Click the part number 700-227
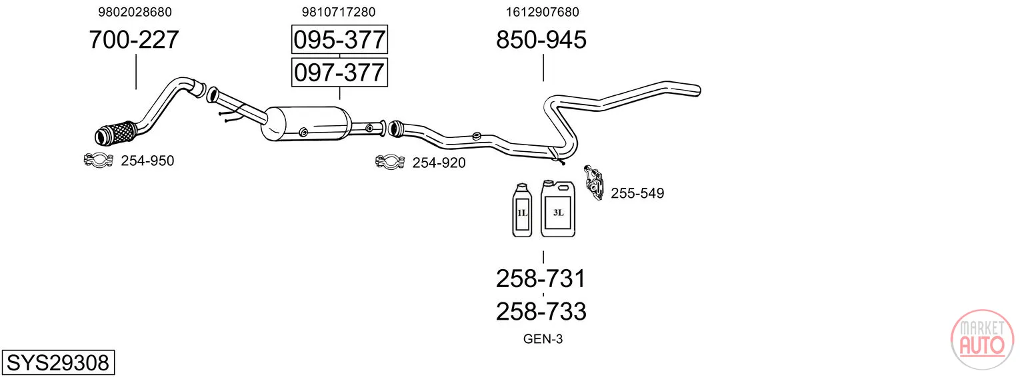[x=134, y=39]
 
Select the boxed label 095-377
[x=339, y=39]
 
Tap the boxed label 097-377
[x=339, y=73]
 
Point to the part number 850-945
[x=541, y=39]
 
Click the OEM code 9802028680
[x=135, y=12]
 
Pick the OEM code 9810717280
[x=338, y=12]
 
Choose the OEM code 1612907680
[x=542, y=12]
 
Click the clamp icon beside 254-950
[x=99, y=160]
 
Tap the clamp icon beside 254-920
[x=390, y=162]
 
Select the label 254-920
[x=439, y=163]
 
